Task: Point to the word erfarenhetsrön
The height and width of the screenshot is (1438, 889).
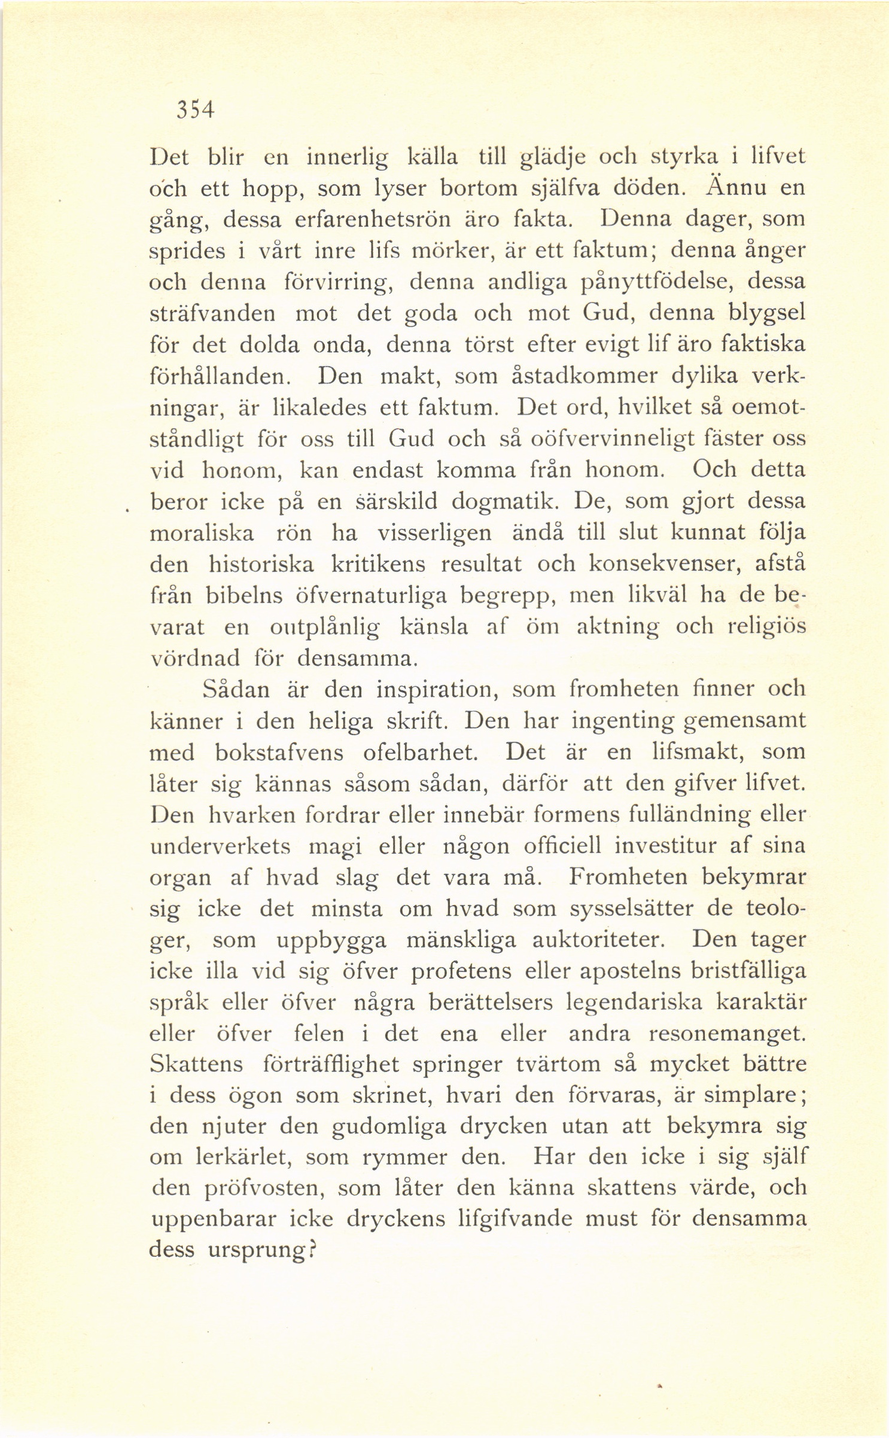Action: coord(372,220)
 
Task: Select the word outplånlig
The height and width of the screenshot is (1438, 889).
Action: coord(324,627)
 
